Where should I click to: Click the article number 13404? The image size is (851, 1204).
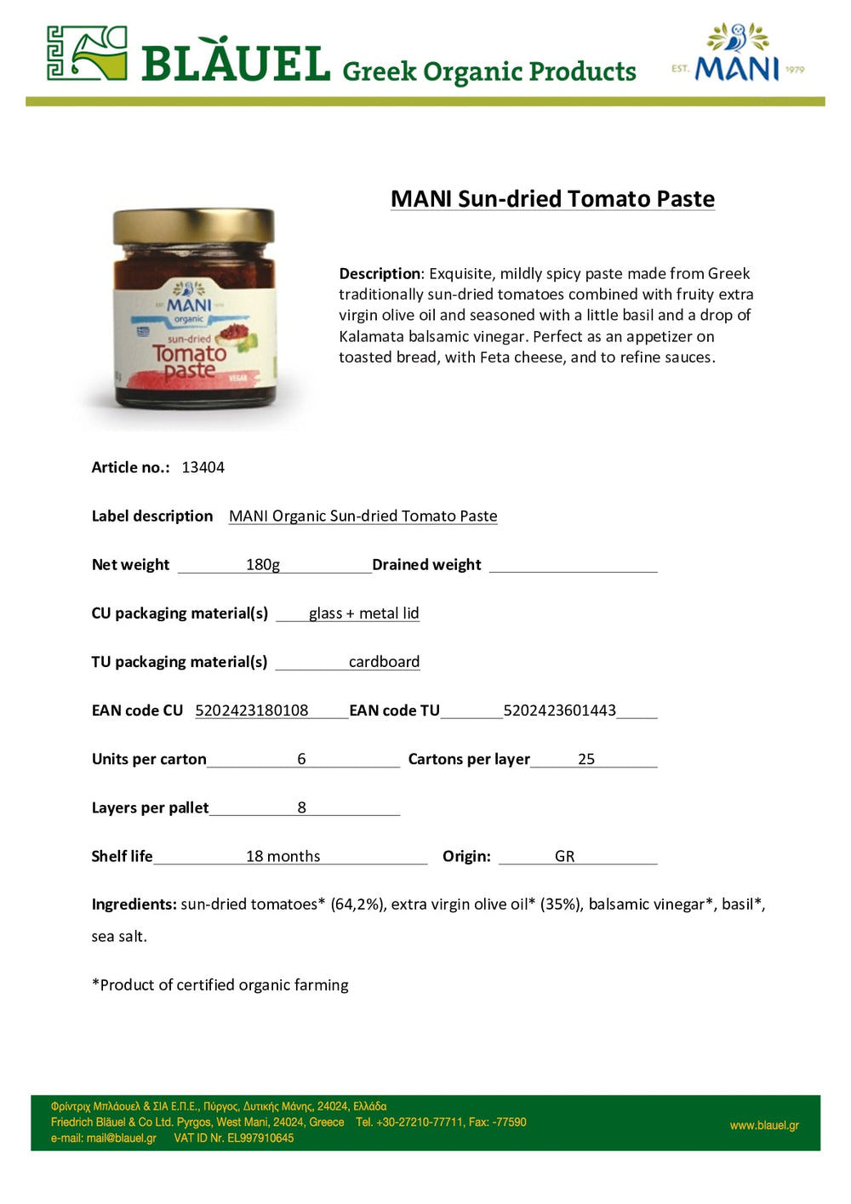203,467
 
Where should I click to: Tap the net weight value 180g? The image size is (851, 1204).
263,564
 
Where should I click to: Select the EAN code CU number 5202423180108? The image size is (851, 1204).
252,710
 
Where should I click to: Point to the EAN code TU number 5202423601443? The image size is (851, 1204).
559,710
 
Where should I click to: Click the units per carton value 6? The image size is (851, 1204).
301,759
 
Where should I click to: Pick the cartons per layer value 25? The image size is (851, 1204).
586,759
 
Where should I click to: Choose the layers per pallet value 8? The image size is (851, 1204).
301,807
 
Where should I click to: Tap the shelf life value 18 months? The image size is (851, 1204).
283,856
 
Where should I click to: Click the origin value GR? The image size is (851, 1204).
564,856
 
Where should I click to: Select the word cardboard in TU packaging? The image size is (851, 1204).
384,662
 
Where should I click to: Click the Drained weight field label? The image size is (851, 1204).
426,565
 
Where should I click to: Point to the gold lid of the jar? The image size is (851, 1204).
194,225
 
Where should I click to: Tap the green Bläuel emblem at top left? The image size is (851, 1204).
87,54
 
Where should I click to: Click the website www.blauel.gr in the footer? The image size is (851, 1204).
764,1126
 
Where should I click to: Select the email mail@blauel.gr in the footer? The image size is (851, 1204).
121,1138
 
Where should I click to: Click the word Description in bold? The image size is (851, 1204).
380,274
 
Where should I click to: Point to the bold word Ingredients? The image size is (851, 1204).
134,904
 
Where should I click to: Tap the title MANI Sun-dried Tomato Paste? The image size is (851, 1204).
552,199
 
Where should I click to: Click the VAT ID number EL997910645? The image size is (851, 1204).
260,1138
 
